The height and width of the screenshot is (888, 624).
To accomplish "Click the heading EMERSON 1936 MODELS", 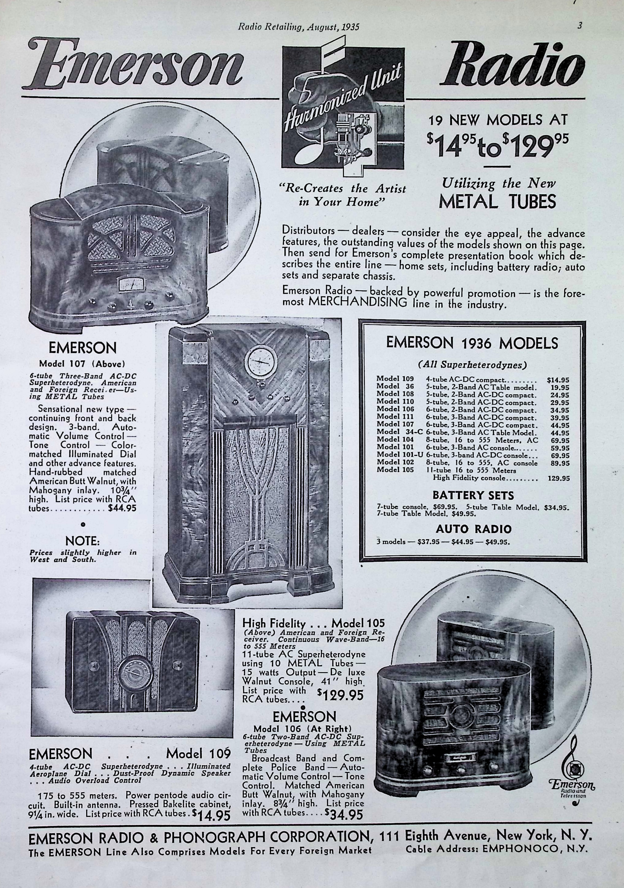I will click(472, 343).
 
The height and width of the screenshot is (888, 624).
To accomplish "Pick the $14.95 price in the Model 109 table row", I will click(557, 380).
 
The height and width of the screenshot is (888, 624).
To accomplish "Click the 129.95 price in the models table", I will click(559, 478).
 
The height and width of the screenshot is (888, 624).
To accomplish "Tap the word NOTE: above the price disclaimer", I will click(83, 540).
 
